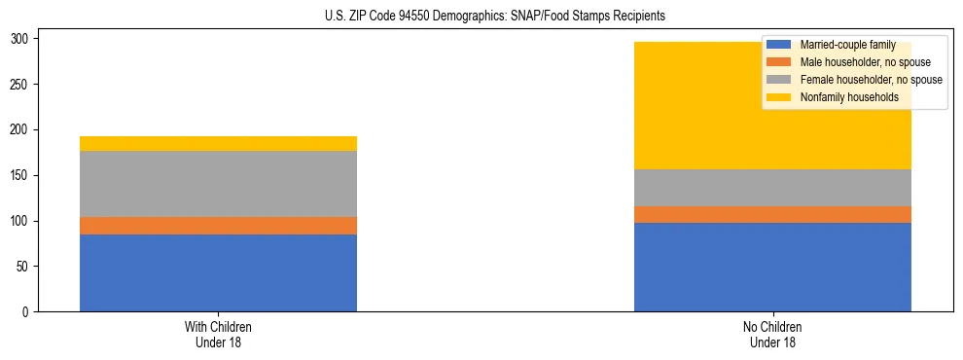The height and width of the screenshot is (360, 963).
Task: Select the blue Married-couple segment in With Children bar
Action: tap(218, 272)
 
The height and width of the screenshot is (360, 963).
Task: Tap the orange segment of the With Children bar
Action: tap(218, 226)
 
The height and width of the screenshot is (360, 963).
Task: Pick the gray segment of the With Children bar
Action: tap(218, 184)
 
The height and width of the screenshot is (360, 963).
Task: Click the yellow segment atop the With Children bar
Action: tap(218, 144)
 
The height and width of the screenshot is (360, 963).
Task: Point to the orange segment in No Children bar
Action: tap(772, 214)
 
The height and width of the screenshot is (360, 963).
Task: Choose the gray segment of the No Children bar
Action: tap(772, 188)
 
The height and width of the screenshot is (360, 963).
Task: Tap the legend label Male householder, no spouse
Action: tap(865, 62)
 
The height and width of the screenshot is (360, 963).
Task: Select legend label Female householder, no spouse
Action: tap(871, 80)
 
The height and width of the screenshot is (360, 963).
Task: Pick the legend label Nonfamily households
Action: tap(848, 97)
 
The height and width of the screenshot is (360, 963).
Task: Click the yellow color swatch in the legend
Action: tap(779, 97)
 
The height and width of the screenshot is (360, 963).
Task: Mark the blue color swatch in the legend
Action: tap(779, 45)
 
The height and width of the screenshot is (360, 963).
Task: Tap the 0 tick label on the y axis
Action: tap(29, 312)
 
